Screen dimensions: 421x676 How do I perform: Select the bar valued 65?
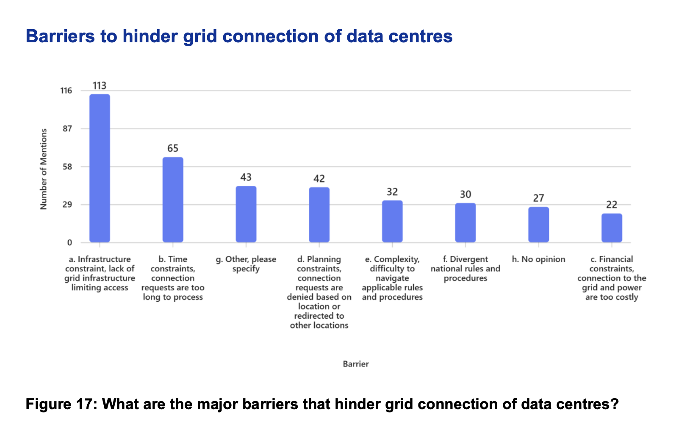point(173,200)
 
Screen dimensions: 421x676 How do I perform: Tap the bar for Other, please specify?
point(246,215)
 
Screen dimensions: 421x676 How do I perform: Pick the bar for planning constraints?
point(319,215)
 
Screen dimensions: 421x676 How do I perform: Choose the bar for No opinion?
point(538,225)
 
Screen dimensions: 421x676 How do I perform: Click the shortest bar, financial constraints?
point(612,228)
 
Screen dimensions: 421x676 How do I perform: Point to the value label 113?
point(100,86)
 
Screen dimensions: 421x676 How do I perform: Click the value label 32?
point(392,192)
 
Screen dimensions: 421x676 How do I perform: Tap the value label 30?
point(465,195)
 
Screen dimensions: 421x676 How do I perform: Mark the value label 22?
point(612,205)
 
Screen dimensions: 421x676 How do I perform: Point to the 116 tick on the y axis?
point(66,91)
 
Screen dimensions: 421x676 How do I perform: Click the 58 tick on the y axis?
point(67,167)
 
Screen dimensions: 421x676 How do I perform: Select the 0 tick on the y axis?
point(69,243)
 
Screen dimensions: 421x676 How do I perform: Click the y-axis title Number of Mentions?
point(44,169)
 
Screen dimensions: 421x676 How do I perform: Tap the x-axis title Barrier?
point(355,364)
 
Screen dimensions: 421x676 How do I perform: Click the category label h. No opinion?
point(538,259)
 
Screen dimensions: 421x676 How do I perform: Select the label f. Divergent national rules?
point(465,269)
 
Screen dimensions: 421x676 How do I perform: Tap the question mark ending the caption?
point(615,404)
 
